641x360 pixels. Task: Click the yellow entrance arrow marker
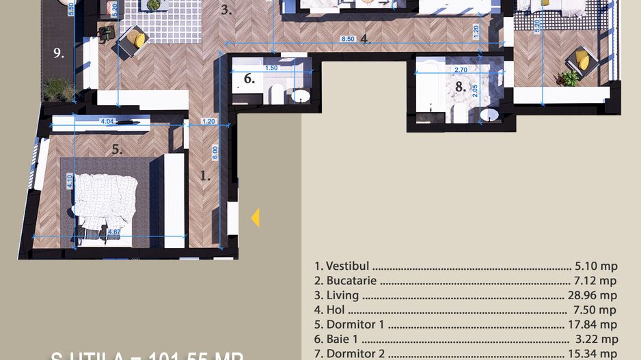pos(256,218)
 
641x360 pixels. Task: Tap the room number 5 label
pos(117,150)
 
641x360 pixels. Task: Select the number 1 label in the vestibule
pos(204,176)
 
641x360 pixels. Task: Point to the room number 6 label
pos(249,79)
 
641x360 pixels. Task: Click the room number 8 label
pos(461,87)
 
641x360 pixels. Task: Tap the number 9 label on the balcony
pos(59,52)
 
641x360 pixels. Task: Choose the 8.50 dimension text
pos(348,39)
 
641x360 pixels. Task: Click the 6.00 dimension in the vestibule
pos(215,151)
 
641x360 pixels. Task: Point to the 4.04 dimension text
pos(107,122)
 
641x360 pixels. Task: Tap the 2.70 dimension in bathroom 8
pos(461,70)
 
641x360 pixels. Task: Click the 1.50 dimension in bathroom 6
pos(271,68)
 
